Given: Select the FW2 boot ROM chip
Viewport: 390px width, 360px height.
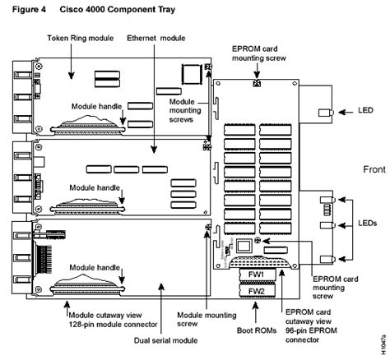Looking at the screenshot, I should click(256, 290).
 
